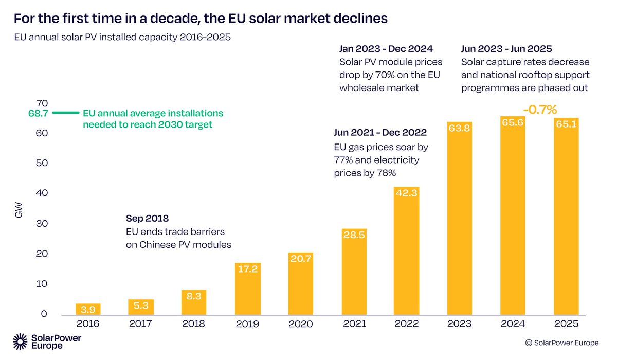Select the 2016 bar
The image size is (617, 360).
[x=88, y=309]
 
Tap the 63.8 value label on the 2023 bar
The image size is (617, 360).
[x=460, y=129]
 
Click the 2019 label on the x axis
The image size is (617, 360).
[x=248, y=324]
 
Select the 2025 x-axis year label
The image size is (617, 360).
[x=566, y=324]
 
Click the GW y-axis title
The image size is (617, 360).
[x=19, y=211]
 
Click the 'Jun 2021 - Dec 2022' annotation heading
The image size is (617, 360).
[x=380, y=133]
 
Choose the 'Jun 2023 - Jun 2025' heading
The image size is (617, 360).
[x=506, y=49]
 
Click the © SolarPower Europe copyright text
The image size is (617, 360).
[x=565, y=343]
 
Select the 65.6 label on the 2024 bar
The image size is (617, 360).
[x=513, y=123]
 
